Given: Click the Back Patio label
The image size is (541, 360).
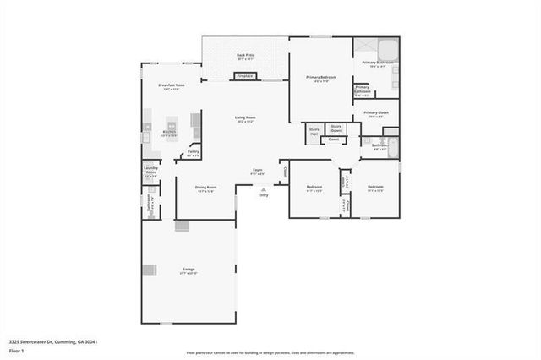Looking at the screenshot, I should [246, 57].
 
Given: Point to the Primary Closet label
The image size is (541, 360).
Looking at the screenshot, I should [376, 114].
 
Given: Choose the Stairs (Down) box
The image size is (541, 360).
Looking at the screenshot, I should [336, 129].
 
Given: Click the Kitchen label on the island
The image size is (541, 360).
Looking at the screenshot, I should [169, 134].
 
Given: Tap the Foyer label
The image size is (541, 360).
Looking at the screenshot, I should [258, 172].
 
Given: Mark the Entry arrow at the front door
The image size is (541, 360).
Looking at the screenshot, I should [263, 192].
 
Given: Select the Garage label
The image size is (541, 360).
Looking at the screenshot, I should [189, 270].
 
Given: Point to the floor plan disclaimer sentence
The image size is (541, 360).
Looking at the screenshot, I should [270, 352].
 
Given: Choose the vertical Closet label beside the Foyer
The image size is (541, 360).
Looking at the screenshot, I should [286, 172].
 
